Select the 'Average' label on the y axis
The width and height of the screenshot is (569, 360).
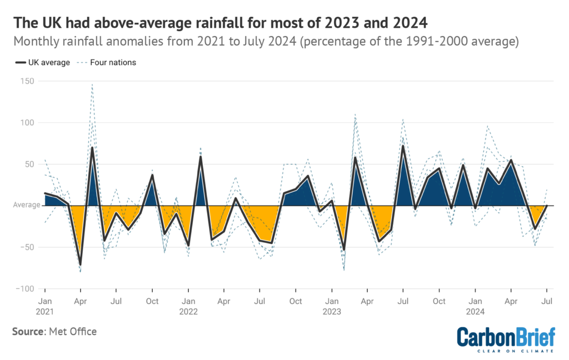coord(27,206)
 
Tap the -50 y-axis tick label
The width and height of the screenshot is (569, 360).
coord(26,247)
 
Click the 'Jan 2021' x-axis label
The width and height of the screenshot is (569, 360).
coord(44,306)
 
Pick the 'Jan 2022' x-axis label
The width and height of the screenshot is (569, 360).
coord(188,306)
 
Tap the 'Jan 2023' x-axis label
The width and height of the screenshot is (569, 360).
coord(332,306)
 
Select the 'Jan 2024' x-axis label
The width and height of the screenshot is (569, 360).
coord(475,306)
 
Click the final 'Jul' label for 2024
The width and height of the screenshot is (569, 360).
coord(547,301)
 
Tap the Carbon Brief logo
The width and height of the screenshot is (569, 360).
coord(505,339)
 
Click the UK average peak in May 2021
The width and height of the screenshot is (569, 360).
coord(92,148)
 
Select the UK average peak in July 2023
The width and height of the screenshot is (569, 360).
coord(403,146)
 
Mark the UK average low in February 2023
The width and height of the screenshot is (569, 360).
coord(344,250)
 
